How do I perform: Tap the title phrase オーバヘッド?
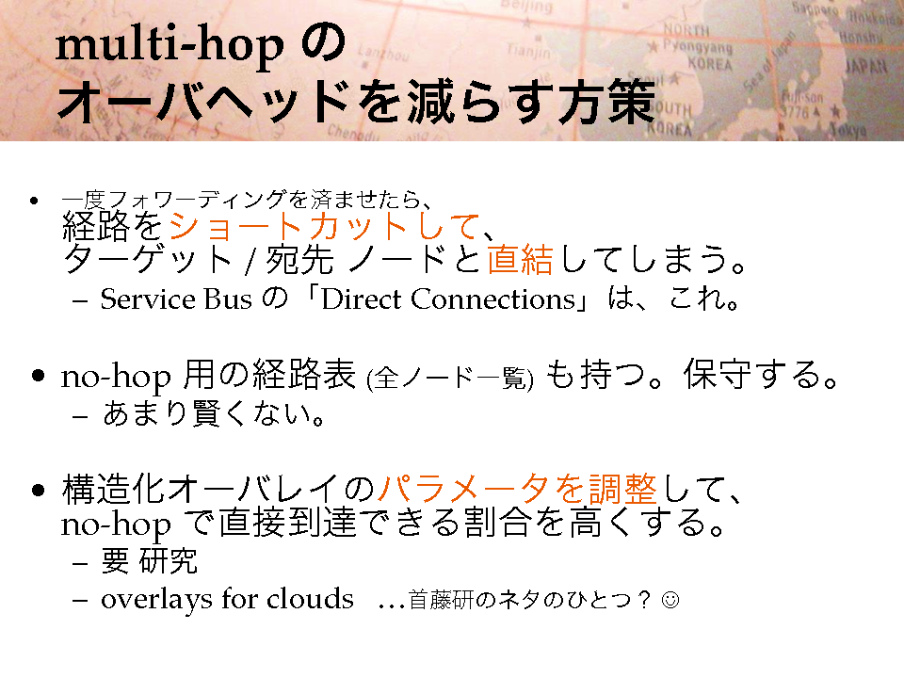(204, 103)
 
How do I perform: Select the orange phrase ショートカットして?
(324, 226)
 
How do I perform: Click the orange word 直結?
(520, 259)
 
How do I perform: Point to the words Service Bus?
(176, 299)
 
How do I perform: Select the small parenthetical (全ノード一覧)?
(450, 379)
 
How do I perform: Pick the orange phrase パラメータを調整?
(517, 489)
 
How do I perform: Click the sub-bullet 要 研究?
(150, 561)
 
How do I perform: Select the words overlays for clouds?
(227, 599)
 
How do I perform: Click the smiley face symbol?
(670, 600)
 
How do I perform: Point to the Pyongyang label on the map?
(698, 46)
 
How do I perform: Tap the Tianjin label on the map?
(528, 52)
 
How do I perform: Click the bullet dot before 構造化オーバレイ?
(38, 491)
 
